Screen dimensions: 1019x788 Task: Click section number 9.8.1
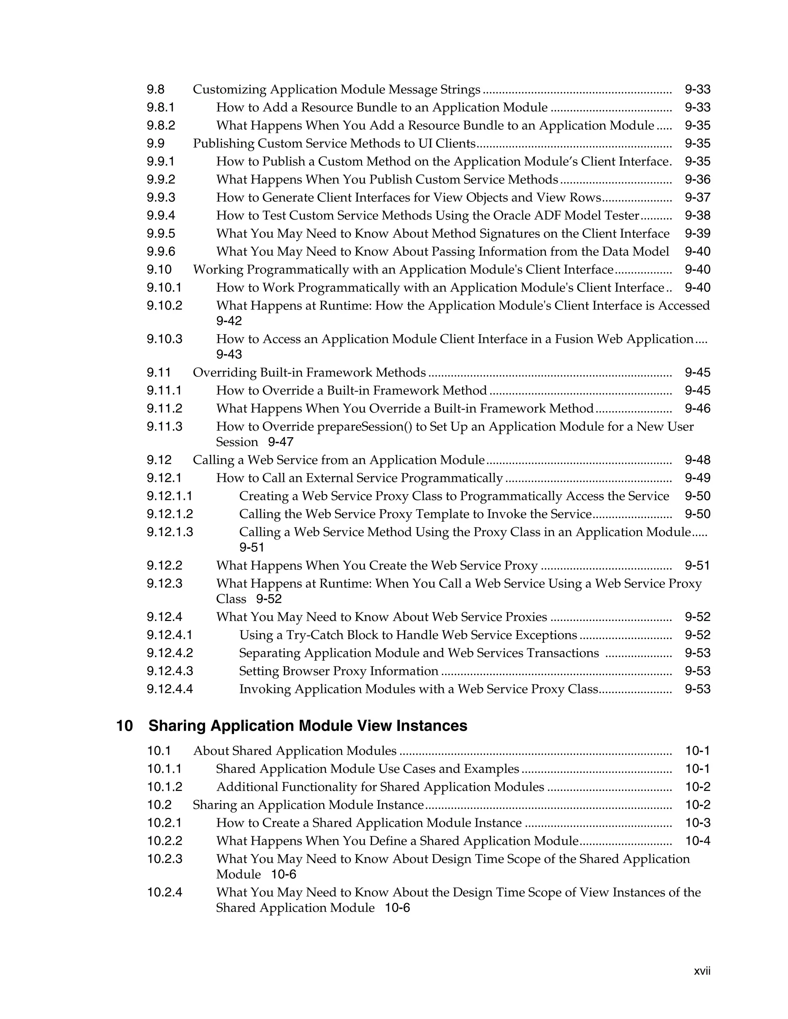pos(160,107)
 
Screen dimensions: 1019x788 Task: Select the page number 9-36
pos(698,180)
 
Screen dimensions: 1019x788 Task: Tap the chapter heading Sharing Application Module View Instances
pos(308,726)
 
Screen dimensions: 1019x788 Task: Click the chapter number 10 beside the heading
pos(124,726)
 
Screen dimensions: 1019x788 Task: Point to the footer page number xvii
pos(702,971)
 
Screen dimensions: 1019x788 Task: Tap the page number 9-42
pos(229,321)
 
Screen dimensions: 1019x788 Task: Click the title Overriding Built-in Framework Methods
pos(309,372)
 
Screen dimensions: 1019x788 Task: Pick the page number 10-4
pos(698,841)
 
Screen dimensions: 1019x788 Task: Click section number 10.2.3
pos(165,859)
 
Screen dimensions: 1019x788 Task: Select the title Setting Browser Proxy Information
pos(339,671)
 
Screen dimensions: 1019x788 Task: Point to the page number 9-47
pos(280,442)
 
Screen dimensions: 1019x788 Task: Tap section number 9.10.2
pos(164,306)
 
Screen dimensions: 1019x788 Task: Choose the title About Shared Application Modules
pos(295,751)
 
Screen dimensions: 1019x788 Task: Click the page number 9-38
pos(698,216)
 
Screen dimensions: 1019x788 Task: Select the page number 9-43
pos(229,354)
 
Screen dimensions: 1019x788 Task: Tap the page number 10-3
pos(698,823)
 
